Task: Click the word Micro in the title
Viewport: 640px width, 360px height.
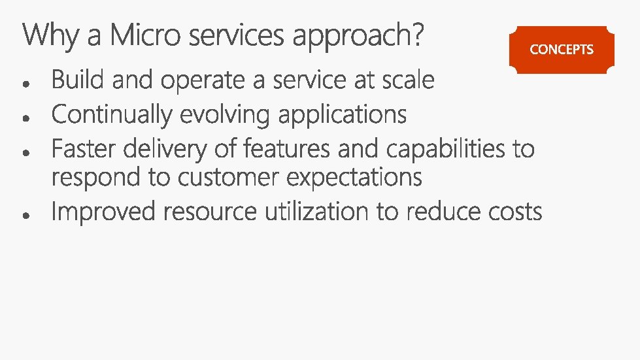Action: point(145,35)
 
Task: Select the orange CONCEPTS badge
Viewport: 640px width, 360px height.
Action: point(562,49)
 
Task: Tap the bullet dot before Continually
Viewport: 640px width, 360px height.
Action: point(24,118)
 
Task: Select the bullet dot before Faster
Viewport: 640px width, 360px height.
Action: point(24,152)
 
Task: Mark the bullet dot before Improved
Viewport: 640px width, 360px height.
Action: point(24,214)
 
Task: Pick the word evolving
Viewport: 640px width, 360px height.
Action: point(226,116)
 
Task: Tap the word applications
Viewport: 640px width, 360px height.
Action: point(343,116)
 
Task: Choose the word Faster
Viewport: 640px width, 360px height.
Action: point(84,150)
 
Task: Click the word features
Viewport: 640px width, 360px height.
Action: point(287,150)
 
